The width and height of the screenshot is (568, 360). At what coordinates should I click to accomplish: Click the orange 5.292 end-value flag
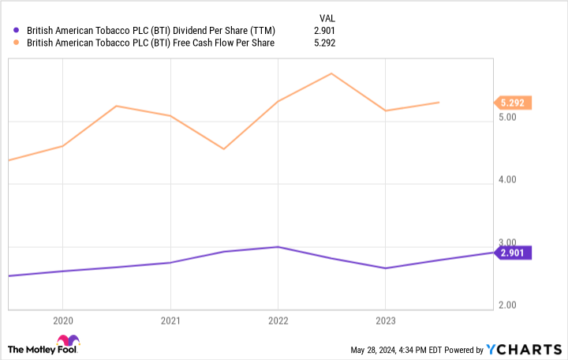[x=513, y=102]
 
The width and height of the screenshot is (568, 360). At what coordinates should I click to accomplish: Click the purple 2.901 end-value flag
[x=513, y=253]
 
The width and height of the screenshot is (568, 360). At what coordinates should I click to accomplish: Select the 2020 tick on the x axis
[x=62, y=321]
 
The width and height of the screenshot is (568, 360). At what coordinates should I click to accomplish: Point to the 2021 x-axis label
[x=170, y=321]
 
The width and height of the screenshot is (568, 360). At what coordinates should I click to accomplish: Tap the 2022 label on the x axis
[x=277, y=321]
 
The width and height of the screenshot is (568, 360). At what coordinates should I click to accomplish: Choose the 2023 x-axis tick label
[x=384, y=321]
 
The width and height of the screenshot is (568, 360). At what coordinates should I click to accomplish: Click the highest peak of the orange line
[x=331, y=73]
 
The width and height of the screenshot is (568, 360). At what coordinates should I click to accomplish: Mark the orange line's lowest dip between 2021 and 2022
[x=224, y=148]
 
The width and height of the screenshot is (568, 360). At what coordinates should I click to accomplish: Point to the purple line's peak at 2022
[x=277, y=247]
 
